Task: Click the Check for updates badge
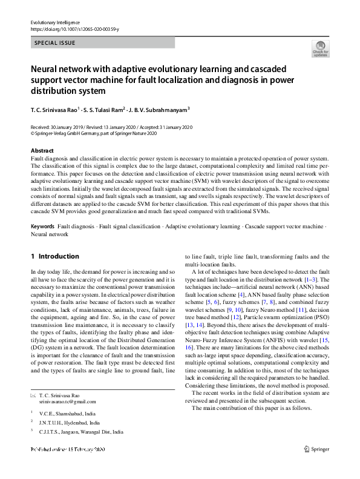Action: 320,49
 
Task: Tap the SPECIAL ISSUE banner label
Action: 55,44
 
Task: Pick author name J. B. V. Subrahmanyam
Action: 159,110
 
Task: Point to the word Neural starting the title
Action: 48,69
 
